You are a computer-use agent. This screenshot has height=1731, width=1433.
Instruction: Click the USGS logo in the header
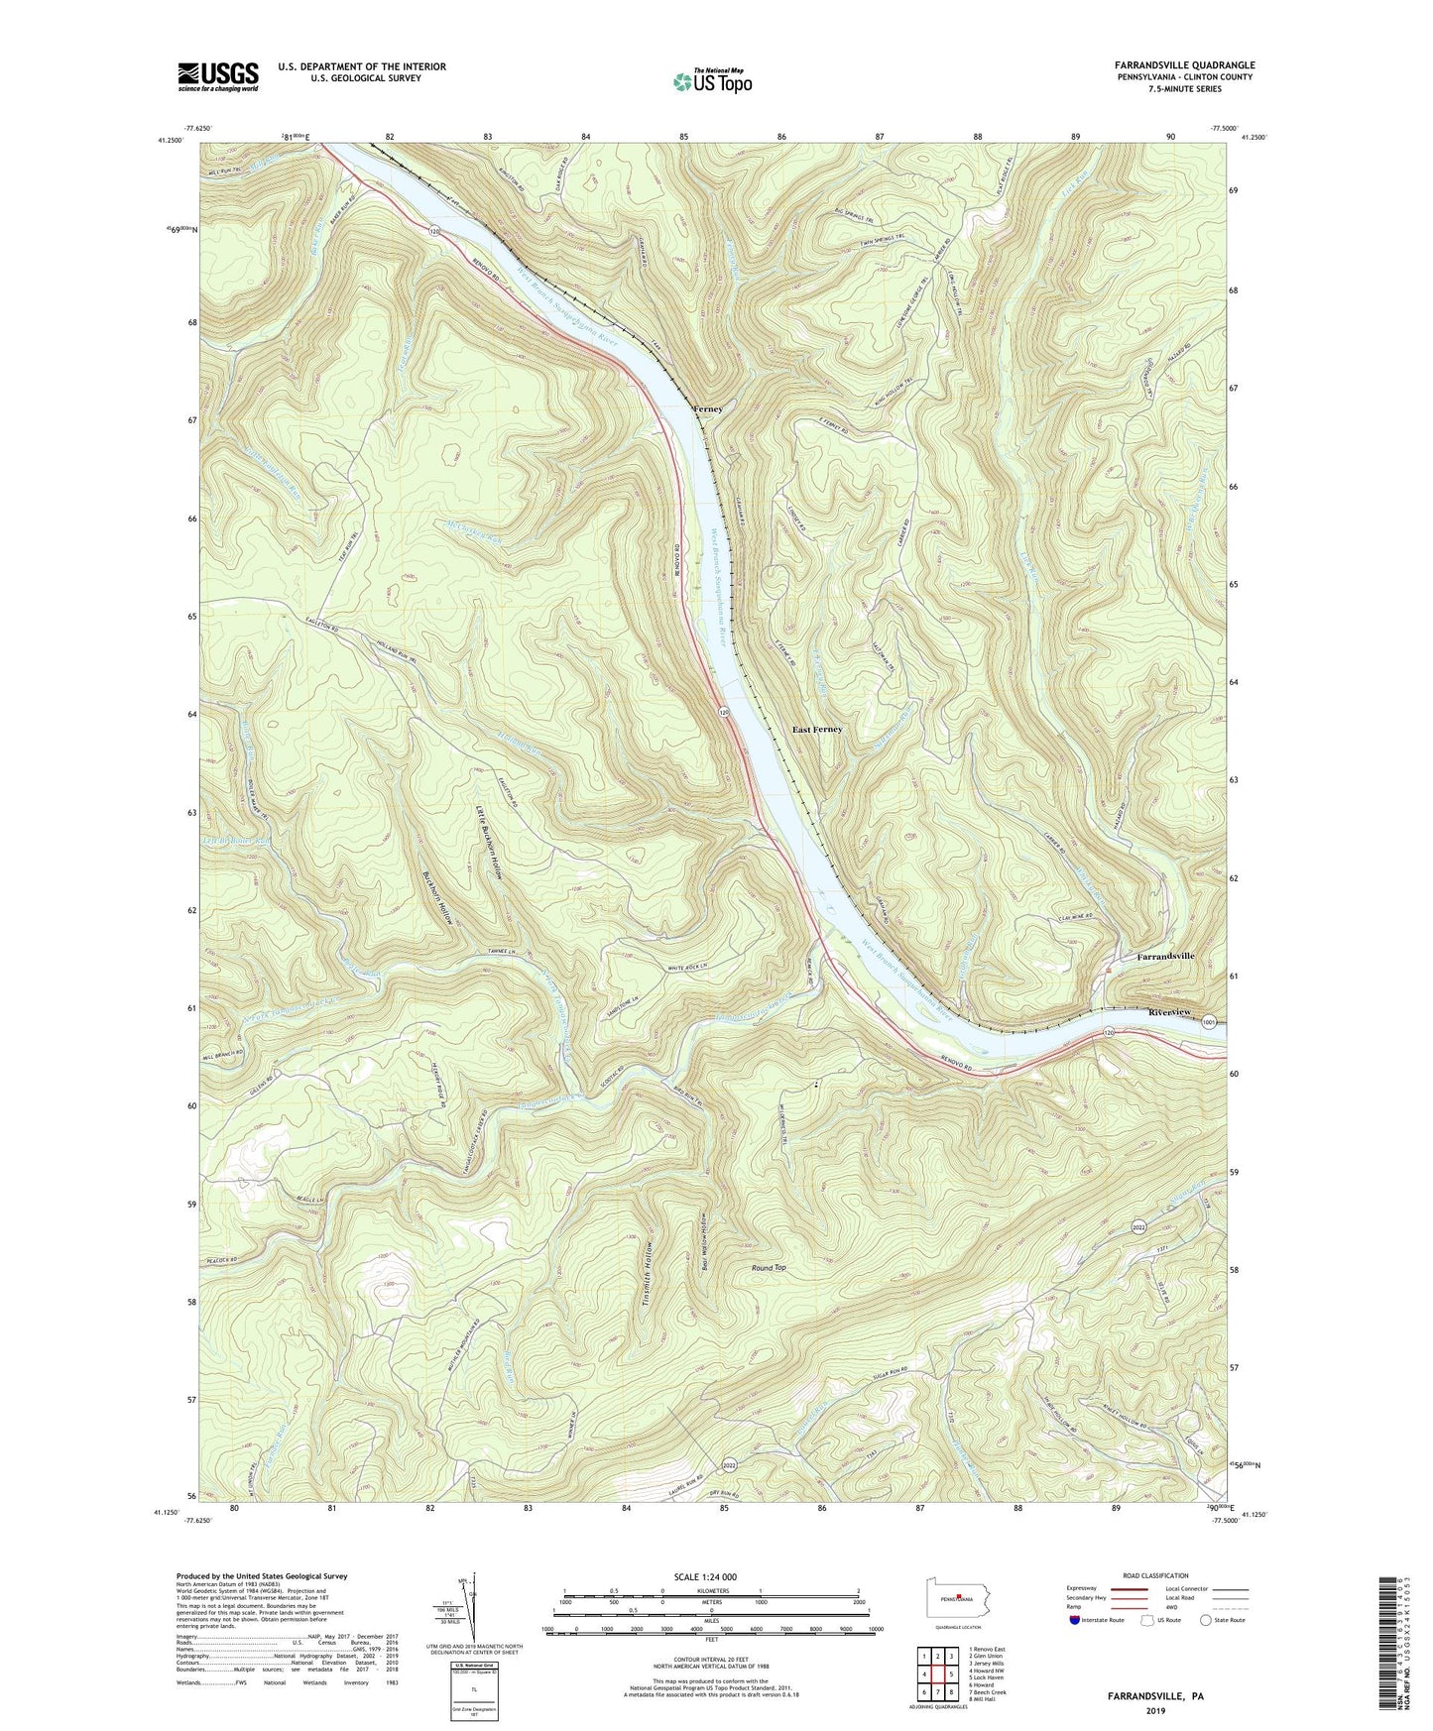click(218, 75)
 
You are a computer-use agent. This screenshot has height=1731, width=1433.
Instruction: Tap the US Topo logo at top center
click(710, 81)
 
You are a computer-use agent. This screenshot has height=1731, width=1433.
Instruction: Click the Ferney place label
click(708, 408)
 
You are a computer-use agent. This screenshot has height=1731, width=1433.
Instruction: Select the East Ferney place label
click(817, 730)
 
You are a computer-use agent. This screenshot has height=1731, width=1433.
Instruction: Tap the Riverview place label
click(1168, 1011)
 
